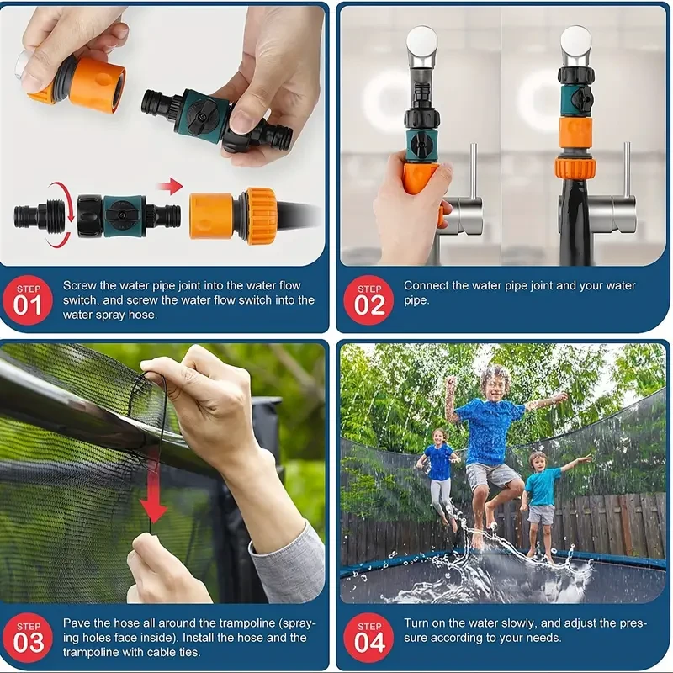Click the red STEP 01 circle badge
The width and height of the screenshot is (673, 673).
(x=28, y=300)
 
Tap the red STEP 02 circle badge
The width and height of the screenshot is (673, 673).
(x=368, y=300)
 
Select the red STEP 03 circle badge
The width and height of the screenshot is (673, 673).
(x=28, y=638)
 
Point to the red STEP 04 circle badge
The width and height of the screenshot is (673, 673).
(x=368, y=638)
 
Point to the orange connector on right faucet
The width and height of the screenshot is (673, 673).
(x=575, y=139)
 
